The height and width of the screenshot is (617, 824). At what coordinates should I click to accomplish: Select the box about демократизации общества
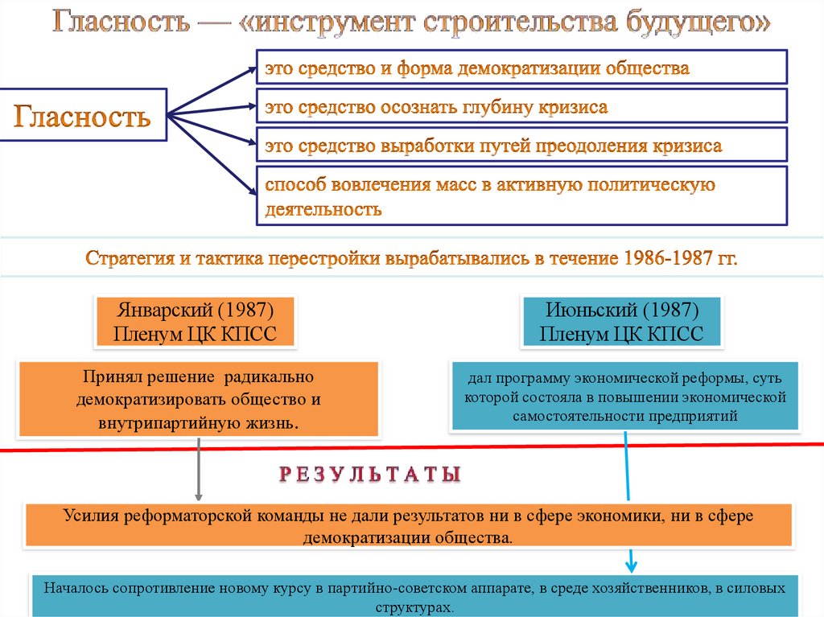pyautogui.click(x=521, y=68)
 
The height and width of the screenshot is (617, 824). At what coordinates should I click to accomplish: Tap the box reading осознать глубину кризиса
pyautogui.click(x=521, y=107)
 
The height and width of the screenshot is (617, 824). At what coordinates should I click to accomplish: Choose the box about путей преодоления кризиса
pyautogui.click(x=521, y=146)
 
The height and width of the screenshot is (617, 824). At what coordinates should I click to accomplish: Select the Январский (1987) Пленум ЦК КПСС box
pyautogui.click(x=196, y=322)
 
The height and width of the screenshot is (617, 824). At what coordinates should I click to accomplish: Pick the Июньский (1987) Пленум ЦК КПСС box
pyautogui.click(x=622, y=322)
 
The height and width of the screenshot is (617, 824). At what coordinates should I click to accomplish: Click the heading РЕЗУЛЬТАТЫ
pyautogui.click(x=370, y=475)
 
